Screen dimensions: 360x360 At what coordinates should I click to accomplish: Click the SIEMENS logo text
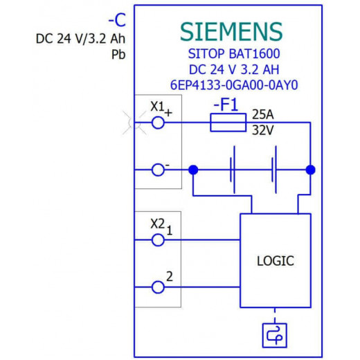[231, 32]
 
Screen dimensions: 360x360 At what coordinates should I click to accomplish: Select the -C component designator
[117, 20]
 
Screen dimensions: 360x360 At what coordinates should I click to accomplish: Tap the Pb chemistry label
[118, 55]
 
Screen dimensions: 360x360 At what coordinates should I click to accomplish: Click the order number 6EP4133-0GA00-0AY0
[234, 85]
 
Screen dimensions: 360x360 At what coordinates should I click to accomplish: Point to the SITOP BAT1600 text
[234, 53]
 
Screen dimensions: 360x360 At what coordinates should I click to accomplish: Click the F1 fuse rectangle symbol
[228, 123]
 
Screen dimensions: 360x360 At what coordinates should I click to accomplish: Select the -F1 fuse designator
[226, 105]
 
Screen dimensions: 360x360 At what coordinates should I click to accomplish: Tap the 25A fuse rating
[263, 114]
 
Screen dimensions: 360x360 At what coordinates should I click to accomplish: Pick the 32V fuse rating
[263, 130]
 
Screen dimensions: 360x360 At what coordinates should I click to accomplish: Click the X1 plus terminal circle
[158, 123]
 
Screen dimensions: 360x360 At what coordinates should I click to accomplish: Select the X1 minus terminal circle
[158, 170]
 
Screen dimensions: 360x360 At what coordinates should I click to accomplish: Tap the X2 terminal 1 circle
[158, 240]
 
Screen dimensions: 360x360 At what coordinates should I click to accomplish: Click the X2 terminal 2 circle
[158, 287]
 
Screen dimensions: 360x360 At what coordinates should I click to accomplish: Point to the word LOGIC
[276, 261]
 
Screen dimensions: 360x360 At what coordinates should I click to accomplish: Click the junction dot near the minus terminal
[193, 170]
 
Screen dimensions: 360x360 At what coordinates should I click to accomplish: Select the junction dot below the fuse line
[311, 170]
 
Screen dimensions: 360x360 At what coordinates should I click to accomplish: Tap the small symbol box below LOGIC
[275, 335]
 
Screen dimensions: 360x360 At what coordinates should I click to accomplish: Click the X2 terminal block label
[158, 224]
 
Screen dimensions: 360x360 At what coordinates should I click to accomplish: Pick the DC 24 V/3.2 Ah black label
[80, 39]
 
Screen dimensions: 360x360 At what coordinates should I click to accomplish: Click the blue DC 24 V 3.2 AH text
[234, 69]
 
